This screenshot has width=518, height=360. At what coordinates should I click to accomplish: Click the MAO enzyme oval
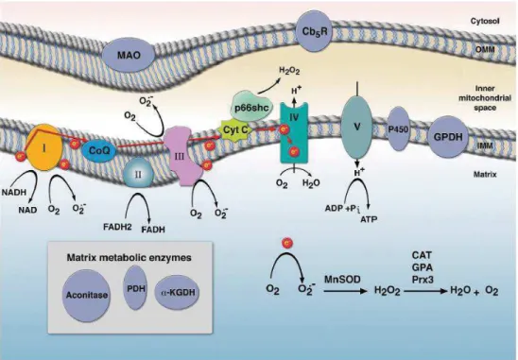coord(129,55)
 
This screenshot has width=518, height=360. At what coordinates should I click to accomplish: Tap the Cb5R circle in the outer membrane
coord(315,31)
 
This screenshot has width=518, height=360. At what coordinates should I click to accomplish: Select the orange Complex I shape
coord(43,147)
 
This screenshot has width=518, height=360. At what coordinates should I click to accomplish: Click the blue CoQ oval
coord(99,150)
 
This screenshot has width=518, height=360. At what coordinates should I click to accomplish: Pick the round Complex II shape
coord(138,174)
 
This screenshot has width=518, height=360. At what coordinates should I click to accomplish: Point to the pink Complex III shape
coord(181,157)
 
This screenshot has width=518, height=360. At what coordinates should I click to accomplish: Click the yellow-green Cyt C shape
coord(236,129)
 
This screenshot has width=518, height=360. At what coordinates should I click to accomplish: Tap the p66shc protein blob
coord(251,107)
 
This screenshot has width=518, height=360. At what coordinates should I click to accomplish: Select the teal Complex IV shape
coord(293,133)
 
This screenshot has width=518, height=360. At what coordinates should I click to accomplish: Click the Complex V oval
coord(356,127)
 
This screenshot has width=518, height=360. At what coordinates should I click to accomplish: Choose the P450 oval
coord(397,129)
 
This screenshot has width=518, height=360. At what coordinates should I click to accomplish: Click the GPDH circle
coord(448,136)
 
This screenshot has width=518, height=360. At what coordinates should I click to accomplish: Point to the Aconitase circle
coord(87,295)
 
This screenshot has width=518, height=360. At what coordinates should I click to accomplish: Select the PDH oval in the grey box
coord(136,288)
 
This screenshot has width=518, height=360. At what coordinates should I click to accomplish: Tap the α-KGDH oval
coord(178,292)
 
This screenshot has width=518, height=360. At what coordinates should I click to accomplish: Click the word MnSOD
coord(341,280)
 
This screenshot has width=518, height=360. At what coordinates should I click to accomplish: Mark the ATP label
coord(369,218)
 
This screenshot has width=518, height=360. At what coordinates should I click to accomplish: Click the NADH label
coord(14,192)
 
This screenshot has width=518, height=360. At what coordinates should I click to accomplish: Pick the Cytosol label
coord(485,21)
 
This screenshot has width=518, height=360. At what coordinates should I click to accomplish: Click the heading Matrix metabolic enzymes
coord(129,258)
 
